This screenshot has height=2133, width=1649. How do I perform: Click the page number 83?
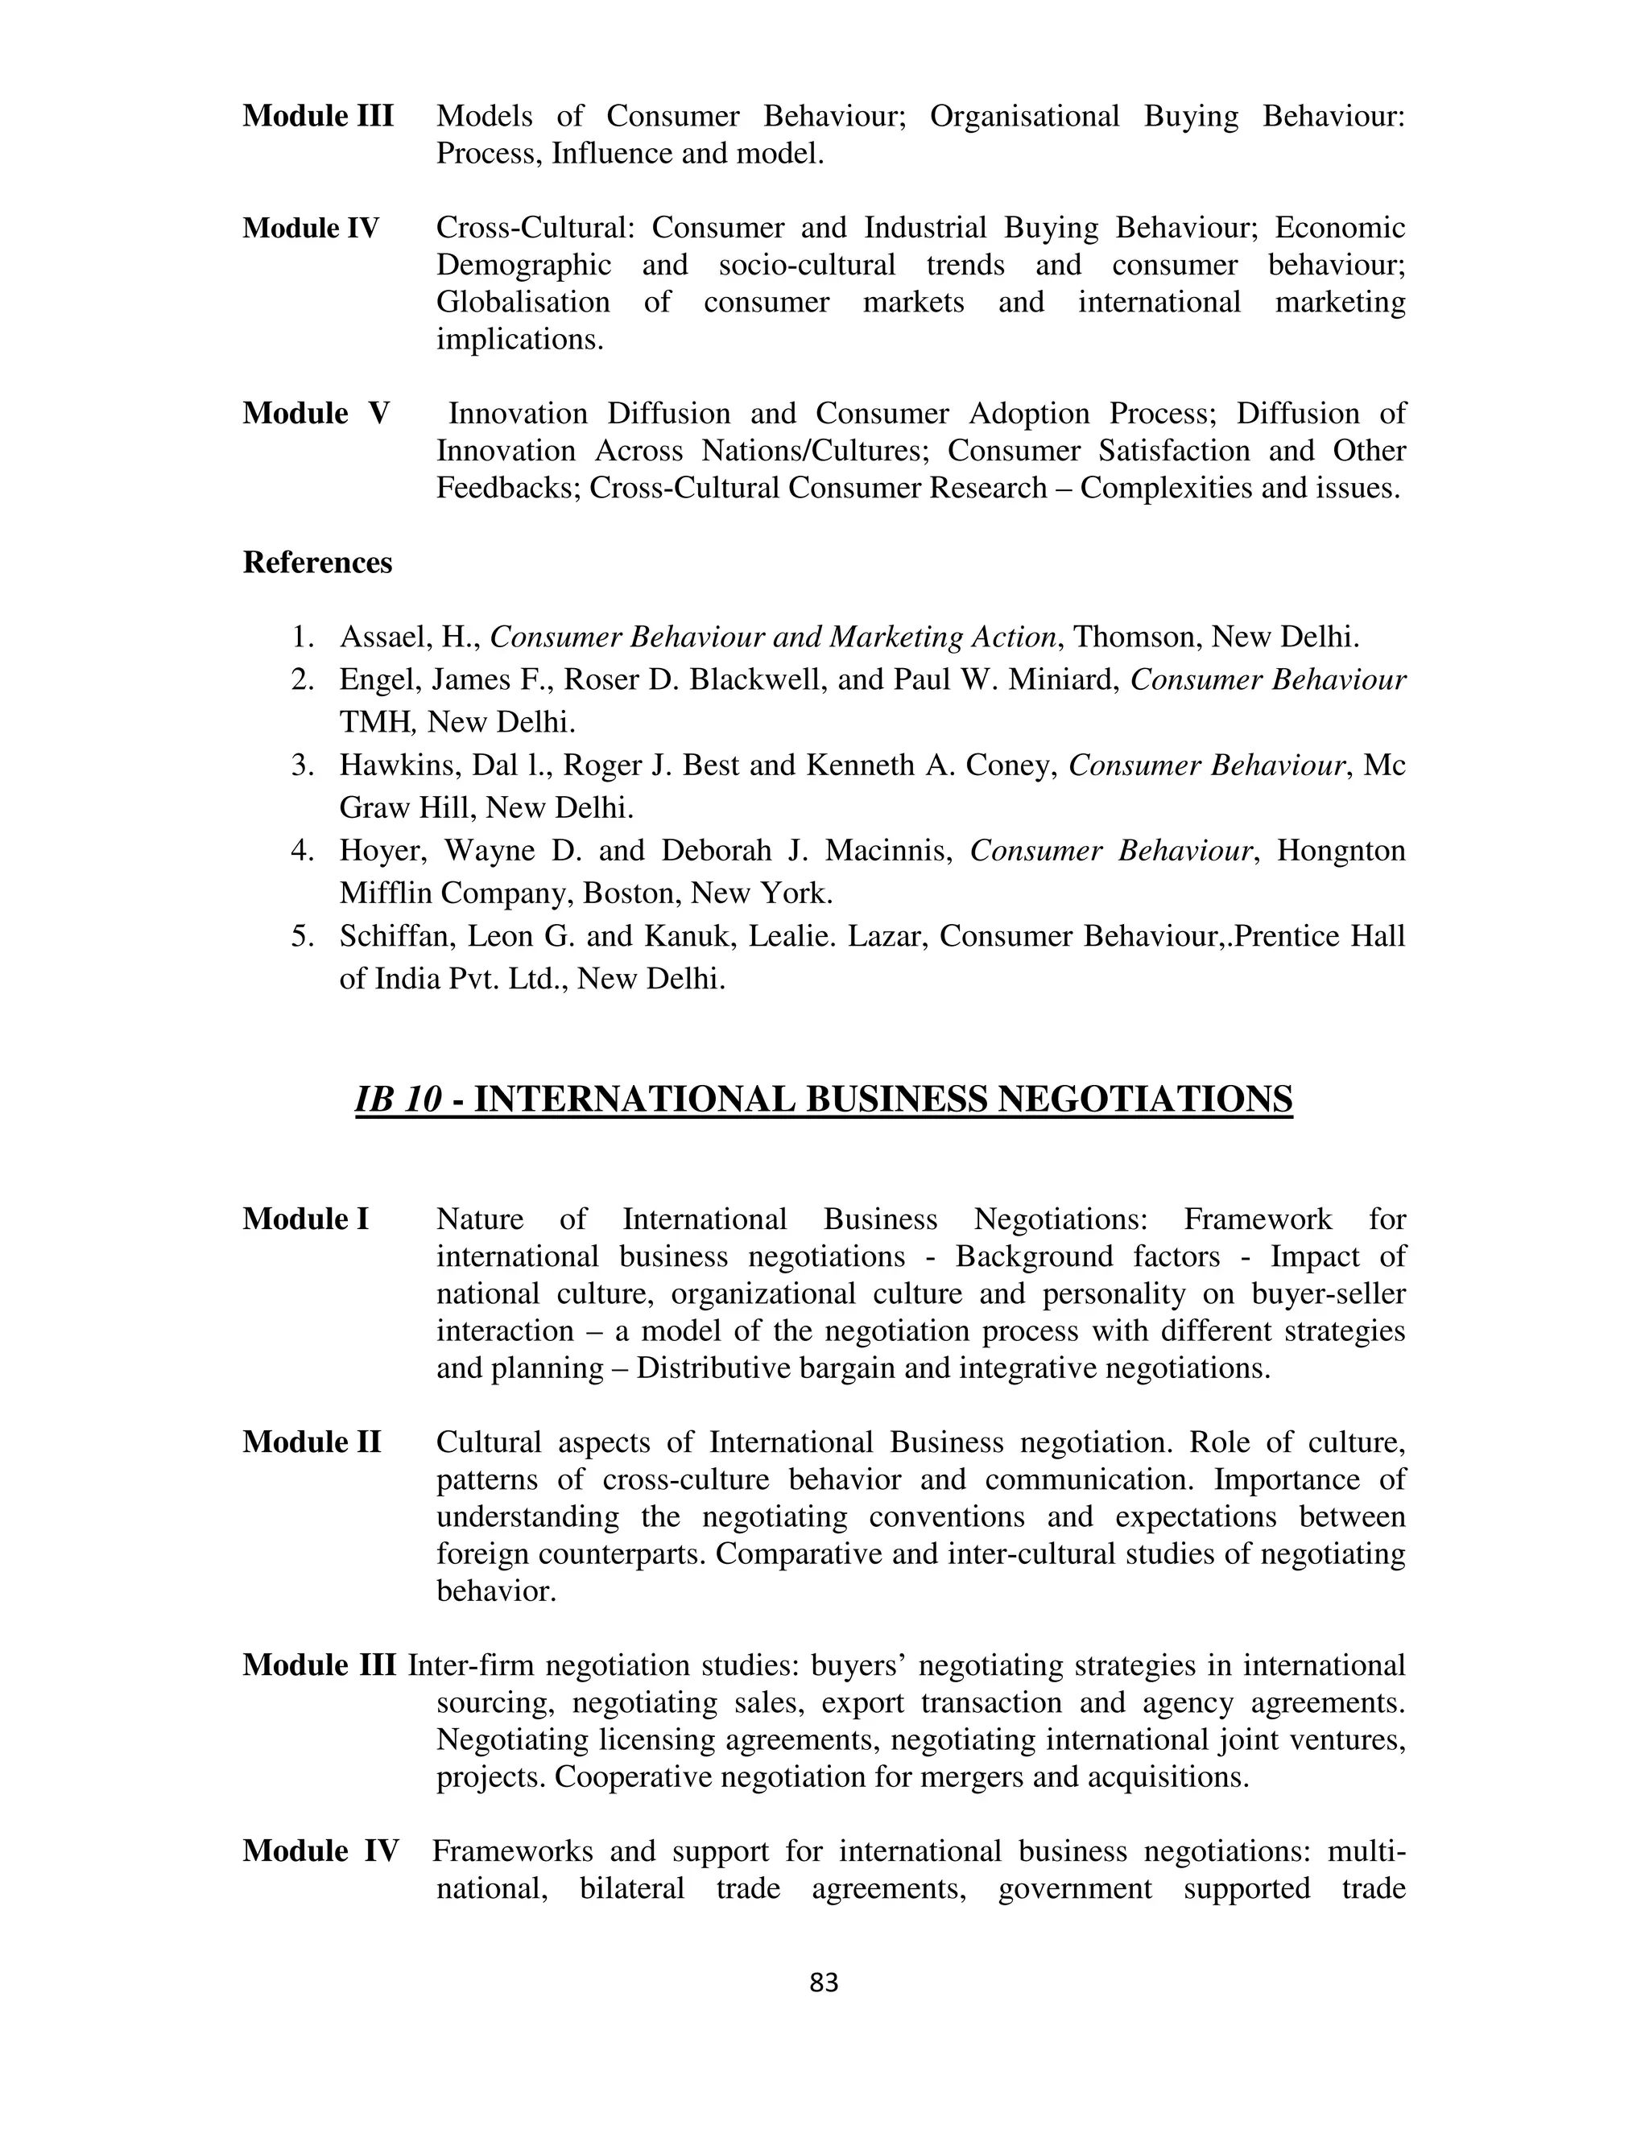point(824,1982)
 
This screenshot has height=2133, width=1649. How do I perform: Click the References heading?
point(317,563)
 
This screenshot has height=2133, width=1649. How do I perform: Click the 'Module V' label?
point(316,413)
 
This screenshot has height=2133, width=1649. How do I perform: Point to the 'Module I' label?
point(306,1219)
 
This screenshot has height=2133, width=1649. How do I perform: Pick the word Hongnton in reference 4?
point(1341,851)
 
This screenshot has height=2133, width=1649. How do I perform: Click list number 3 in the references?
point(302,765)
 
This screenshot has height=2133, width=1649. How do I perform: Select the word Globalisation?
point(523,303)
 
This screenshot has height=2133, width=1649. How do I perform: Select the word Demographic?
point(523,266)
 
